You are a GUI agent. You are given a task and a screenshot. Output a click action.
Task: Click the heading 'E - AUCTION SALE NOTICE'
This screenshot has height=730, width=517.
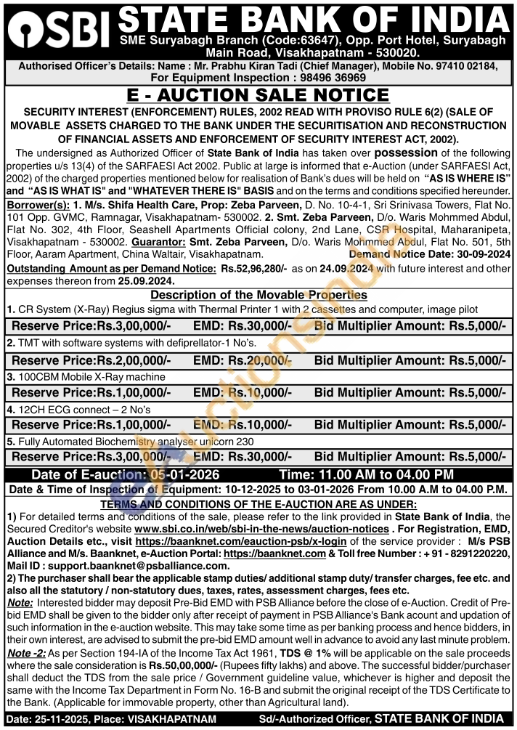pos(258,95)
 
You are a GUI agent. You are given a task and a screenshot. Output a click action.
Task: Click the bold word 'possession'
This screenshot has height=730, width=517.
pos(405,153)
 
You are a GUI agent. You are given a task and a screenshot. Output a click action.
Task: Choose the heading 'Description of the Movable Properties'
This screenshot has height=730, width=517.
pos(258,295)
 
